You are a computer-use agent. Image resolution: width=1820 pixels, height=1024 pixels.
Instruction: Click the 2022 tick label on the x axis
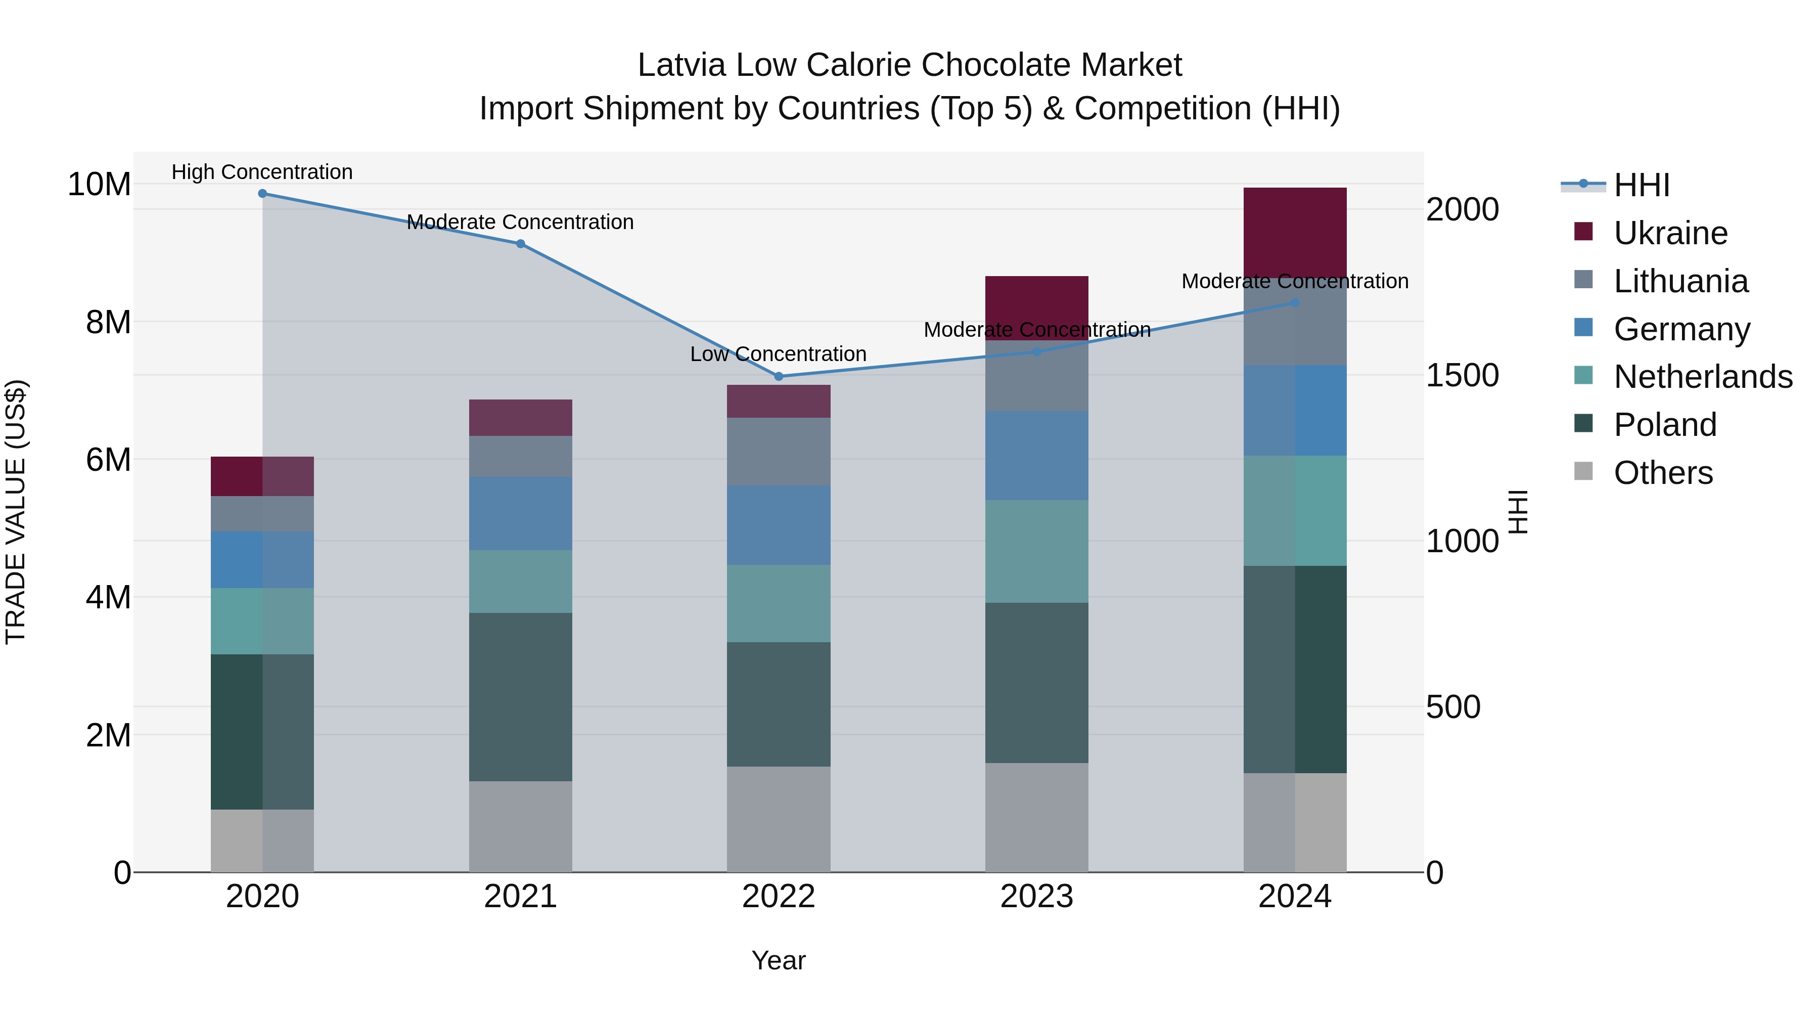pos(779,897)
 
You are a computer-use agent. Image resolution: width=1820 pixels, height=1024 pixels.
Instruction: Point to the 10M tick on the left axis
pos(99,185)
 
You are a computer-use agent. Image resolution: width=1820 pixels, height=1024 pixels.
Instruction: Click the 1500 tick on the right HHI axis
pos(1462,375)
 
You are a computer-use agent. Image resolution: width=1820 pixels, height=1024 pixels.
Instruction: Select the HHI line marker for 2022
pos(779,377)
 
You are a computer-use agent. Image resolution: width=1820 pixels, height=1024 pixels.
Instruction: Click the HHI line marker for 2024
pos(1295,303)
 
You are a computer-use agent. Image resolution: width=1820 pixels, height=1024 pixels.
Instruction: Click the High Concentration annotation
pos(262,172)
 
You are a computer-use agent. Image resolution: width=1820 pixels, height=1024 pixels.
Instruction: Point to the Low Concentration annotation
pos(778,354)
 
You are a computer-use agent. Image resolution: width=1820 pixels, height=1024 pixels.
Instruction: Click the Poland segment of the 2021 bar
pos(521,696)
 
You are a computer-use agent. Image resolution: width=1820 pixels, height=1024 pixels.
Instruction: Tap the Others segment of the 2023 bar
pos(1036,817)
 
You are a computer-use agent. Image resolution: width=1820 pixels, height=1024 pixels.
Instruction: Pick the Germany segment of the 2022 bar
pos(779,525)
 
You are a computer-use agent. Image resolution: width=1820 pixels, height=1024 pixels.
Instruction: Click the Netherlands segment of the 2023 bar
pos(1036,551)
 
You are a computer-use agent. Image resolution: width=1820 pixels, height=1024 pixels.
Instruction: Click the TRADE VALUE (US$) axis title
pos(16,512)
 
